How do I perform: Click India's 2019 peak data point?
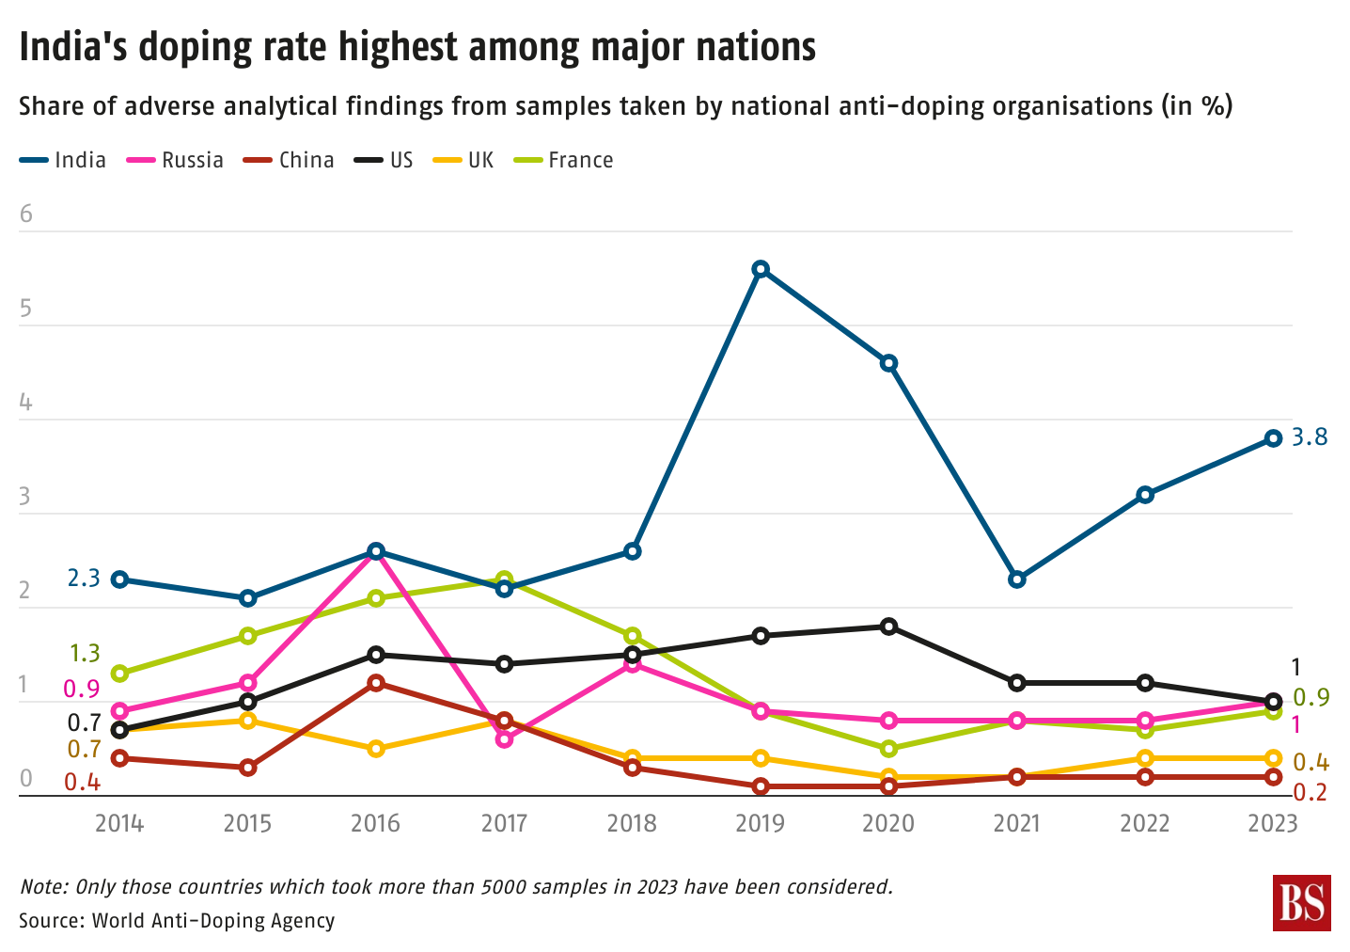(761, 269)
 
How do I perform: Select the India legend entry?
(63, 160)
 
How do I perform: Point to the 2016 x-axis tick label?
(375, 824)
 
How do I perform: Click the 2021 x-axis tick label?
(1016, 824)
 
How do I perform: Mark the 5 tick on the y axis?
(25, 309)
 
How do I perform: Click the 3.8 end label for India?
(1309, 437)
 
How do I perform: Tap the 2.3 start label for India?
(83, 579)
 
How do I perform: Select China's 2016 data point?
(376, 683)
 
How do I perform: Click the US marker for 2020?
(888, 627)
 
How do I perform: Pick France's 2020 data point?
(888, 749)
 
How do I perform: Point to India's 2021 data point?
(1016, 579)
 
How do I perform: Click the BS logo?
(1302, 903)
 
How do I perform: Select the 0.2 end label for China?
(1310, 793)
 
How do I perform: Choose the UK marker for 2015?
(248, 721)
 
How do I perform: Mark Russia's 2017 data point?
(504, 739)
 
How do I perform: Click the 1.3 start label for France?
(85, 653)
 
